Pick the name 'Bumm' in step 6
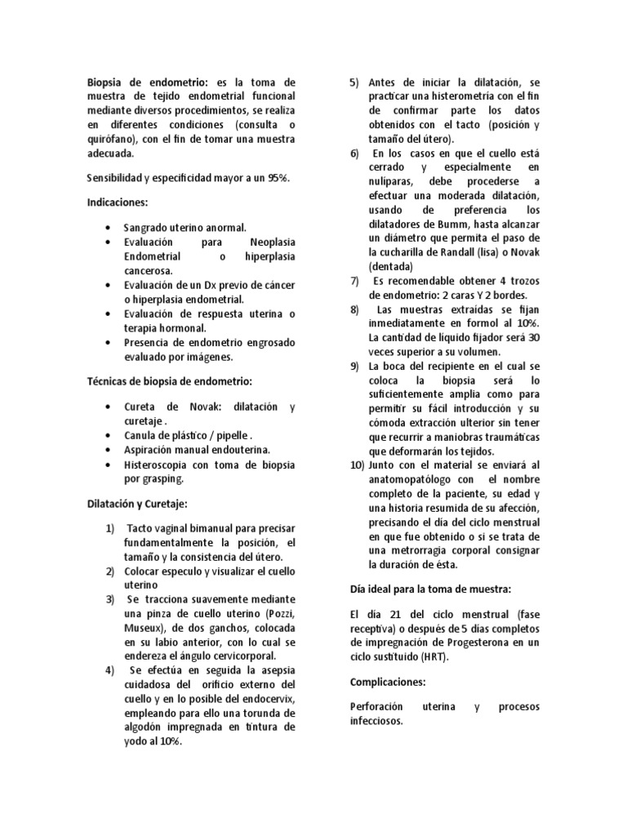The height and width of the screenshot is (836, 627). pyautogui.click(x=464, y=225)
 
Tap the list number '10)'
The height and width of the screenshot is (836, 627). pyautogui.click(x=356, y=465)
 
